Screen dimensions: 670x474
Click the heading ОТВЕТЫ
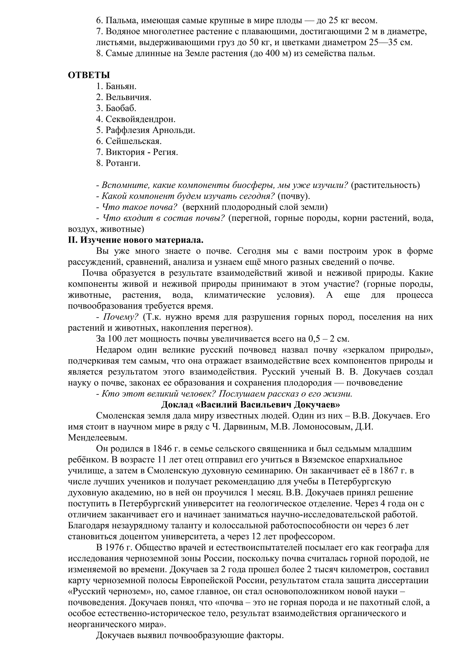click(89, 75)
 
